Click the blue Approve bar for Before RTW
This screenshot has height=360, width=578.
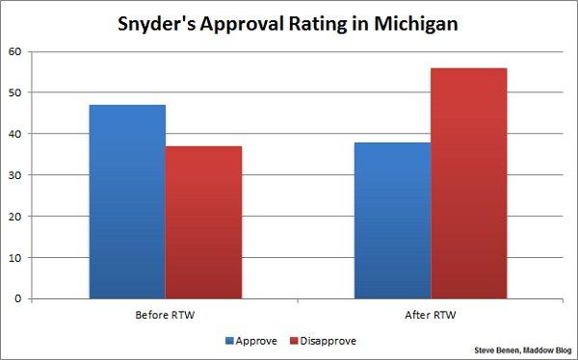(x=127, y=201)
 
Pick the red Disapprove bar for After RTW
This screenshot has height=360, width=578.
(x=468, y=183)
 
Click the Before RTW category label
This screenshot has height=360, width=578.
(x=165, y=315)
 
